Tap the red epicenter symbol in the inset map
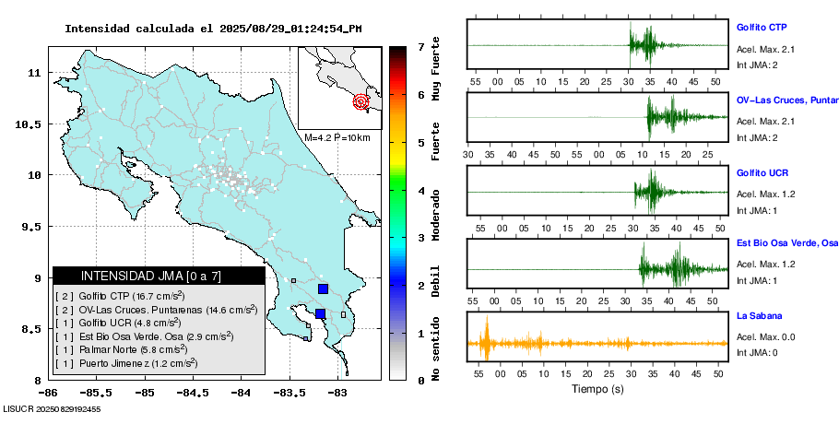coord(361,101)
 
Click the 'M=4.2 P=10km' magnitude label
coord(337,138)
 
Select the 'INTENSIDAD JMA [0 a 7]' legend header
coord(159,276)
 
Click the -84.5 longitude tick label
coord(192,393)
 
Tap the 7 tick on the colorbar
coord(420,46)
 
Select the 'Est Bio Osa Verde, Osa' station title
coord(786,244)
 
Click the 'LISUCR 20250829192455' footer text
coord(52,408)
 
